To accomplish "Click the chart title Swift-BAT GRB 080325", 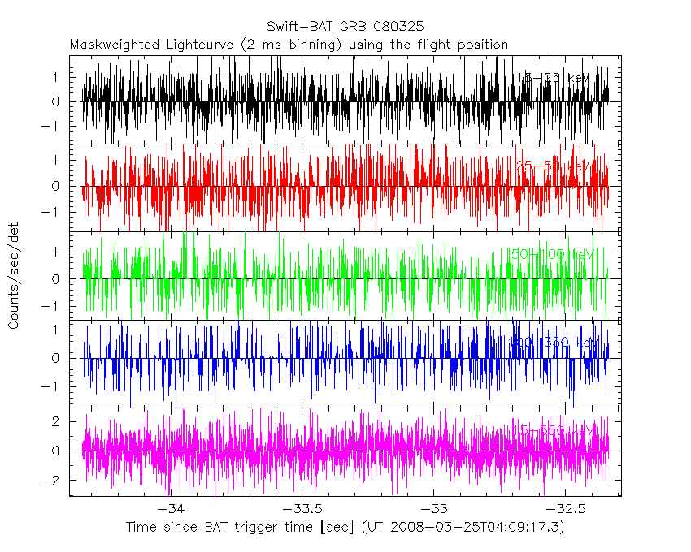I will coord(345,27).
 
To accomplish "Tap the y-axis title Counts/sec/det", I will coord(14,278).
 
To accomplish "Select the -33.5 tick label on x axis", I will coord(301,509).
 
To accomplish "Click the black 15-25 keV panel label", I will coord(554,78).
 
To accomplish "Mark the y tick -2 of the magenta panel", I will coord(56,481).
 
